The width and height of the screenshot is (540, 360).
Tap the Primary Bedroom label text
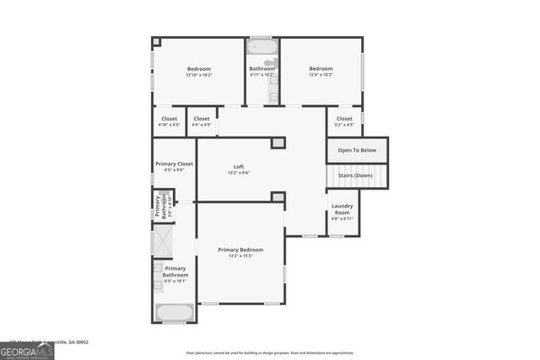pos(240,250)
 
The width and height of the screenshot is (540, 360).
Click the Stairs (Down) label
pos(356,176)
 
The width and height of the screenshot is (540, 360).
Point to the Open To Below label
pos(357,150)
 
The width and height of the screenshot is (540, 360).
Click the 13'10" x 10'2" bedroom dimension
pos(199,75)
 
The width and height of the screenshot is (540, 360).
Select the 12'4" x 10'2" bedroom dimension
pos(321,75)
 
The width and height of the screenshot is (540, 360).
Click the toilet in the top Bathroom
pos(268,62)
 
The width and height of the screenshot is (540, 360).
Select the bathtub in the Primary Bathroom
pos(175,314)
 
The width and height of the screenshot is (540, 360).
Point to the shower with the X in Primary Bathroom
pos(161,241)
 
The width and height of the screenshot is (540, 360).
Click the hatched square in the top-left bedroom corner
pos(156,41)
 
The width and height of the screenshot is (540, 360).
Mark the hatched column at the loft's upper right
pos(278,143)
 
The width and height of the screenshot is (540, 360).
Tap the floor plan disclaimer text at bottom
pos(270,353)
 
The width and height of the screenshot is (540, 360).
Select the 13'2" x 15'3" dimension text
pos(240,255)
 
